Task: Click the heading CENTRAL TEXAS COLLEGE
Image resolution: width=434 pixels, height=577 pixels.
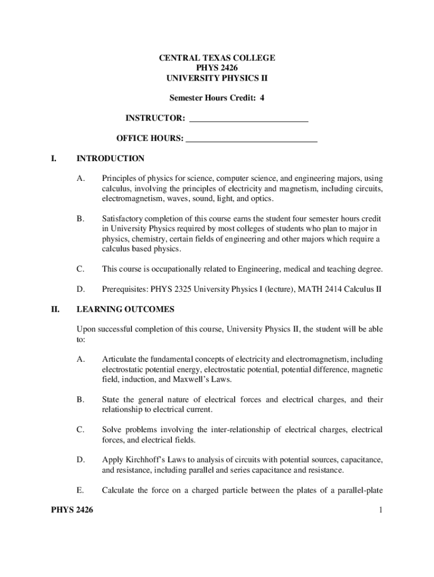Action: tap(216, 58)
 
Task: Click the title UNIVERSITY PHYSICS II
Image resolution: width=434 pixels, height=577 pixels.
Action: tap(216, 78)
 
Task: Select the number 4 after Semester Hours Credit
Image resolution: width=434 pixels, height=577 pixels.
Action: tap(262, 98)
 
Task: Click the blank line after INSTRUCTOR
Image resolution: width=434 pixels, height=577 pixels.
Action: tap(249, 119)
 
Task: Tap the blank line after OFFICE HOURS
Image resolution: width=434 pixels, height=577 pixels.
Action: tap(251, 139)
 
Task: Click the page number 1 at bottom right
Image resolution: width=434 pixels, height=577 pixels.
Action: tap(381, 511)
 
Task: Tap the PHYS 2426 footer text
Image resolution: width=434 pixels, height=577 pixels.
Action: tap(72, 511)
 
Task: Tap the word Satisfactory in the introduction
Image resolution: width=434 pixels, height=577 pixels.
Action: tap(123, 219)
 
